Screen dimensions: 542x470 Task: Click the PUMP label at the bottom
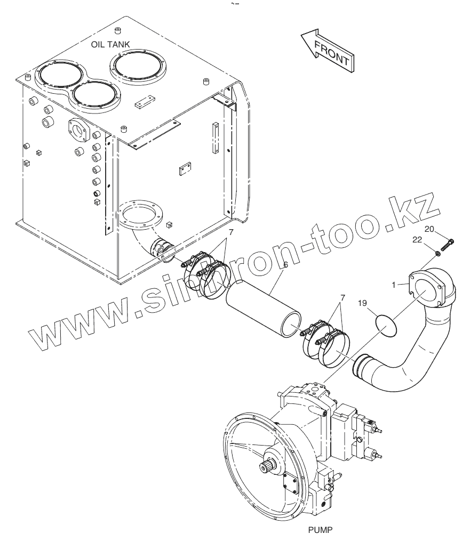point(320,530)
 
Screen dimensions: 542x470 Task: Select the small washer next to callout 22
point(436,253)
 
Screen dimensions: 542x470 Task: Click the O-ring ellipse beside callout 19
point(385,324)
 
